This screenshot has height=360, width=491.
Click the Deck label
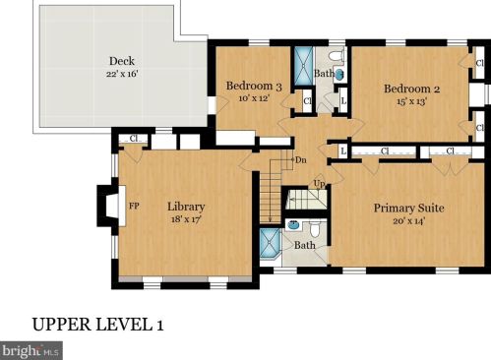[x=122, y=61]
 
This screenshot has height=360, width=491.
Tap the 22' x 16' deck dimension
[x=122, y=74]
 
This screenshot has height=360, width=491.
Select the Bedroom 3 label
[x=254, y=86]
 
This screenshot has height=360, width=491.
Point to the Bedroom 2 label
[x=411, y=89]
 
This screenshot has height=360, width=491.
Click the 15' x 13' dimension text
[x=411, y=101]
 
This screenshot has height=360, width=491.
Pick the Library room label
[x=186, y=207]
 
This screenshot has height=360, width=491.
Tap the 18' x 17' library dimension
[x=186, y=219]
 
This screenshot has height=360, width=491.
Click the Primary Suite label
[x=409, y=209]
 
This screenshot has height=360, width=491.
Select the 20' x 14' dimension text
[x=409, y=221]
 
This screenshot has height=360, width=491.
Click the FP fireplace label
[x=134, y=207]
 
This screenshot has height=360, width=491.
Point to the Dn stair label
[x=301, y=160]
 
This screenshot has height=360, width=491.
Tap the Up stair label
[x=319, y=184]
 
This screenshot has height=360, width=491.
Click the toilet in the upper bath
[x=336, y=55]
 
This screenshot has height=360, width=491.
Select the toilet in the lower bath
[x=315, y=229]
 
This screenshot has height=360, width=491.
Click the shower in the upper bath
[x=304, y=66]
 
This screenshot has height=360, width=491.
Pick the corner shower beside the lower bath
[x=271, y=243]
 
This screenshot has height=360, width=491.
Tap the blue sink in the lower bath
[x=292, y=225]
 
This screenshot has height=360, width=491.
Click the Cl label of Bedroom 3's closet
[x=307, y=101]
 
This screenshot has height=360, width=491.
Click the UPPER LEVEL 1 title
[x=97, y=325]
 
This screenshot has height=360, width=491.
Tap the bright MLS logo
[x=31, y=351]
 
